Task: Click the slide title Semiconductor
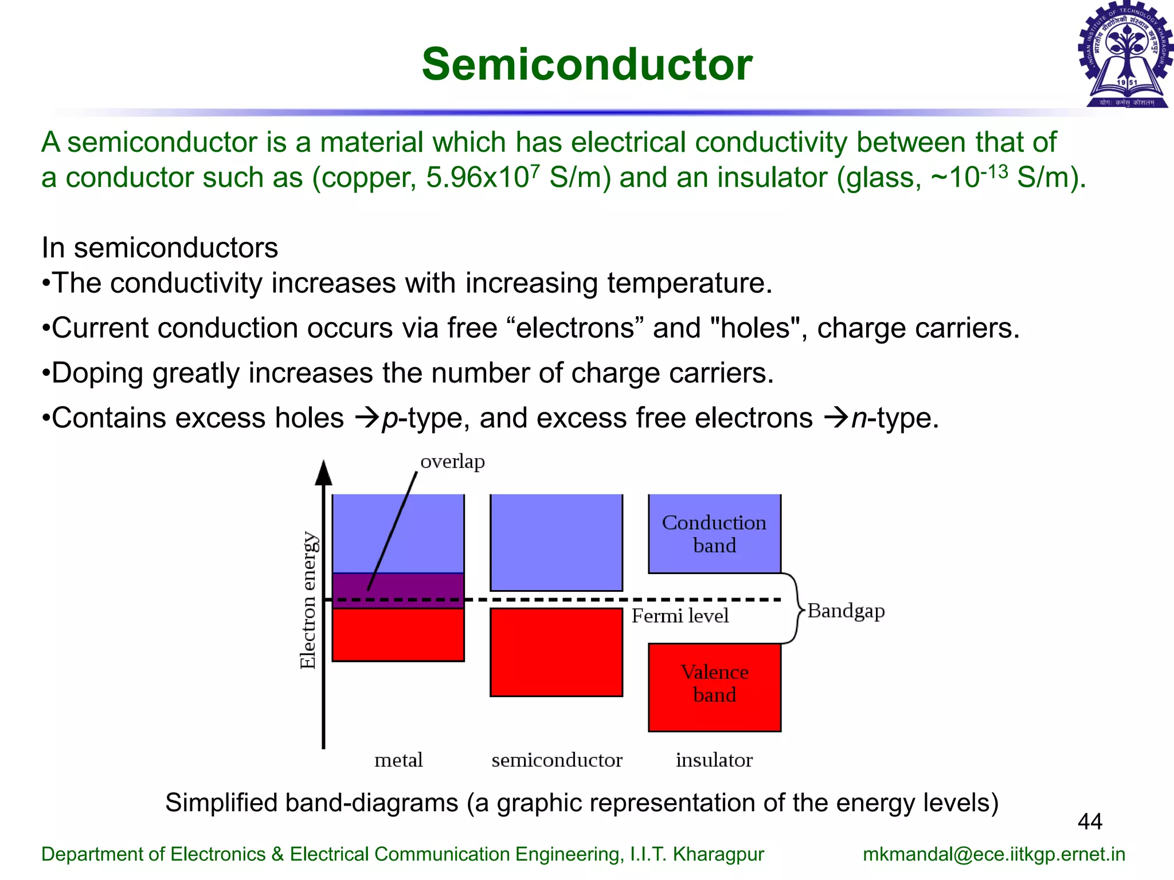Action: [x=586, y=64]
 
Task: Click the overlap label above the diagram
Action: [x=452, y=461]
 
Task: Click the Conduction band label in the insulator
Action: [x=714, y=533]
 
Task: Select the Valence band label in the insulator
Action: [x=714, y=683]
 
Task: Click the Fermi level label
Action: [x=680, y=616]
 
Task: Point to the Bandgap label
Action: [x=846, y=611]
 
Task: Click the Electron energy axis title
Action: [x=308, y=600]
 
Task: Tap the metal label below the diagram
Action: [x=398, y=760]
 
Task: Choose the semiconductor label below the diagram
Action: [x=557, y=760]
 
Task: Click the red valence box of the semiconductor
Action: [x=556, y=652]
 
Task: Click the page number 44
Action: [x=1090, y=822]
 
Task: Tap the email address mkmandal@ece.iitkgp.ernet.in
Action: [x=993, y=854]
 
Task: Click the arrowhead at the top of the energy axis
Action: [x=324, y=473]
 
